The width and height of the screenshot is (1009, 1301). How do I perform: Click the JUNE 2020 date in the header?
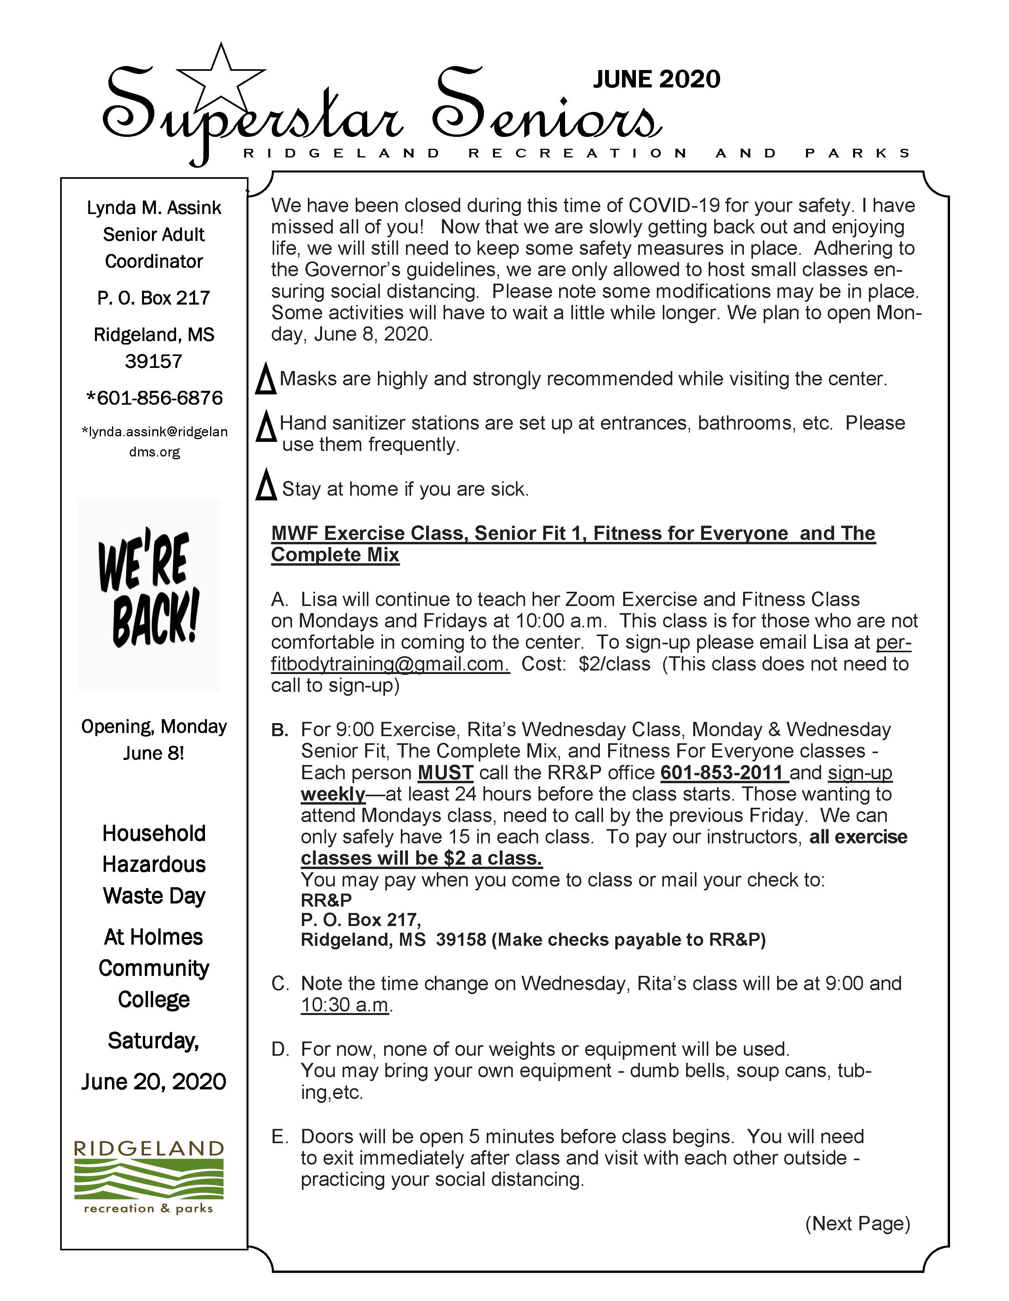pos(656,79)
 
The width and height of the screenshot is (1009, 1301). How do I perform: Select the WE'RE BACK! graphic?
pos(149,593)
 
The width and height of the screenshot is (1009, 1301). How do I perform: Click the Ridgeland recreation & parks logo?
pos(149,1178)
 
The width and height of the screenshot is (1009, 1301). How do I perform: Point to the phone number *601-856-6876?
pos(154,398)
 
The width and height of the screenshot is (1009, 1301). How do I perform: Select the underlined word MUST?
pos(445,773)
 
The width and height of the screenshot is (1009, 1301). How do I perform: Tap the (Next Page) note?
pos(857,1223)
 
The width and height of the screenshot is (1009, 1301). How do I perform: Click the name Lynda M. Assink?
pos(154,208)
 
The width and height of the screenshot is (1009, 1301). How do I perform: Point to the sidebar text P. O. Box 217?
pos(154,298)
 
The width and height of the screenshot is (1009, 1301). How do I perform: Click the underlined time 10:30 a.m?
pos(345,1005)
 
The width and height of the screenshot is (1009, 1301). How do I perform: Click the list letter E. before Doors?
pos(279,1136)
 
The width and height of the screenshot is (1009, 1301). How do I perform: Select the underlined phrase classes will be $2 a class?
pos(421,858)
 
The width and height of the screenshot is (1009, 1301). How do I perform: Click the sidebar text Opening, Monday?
pos(154,727)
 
